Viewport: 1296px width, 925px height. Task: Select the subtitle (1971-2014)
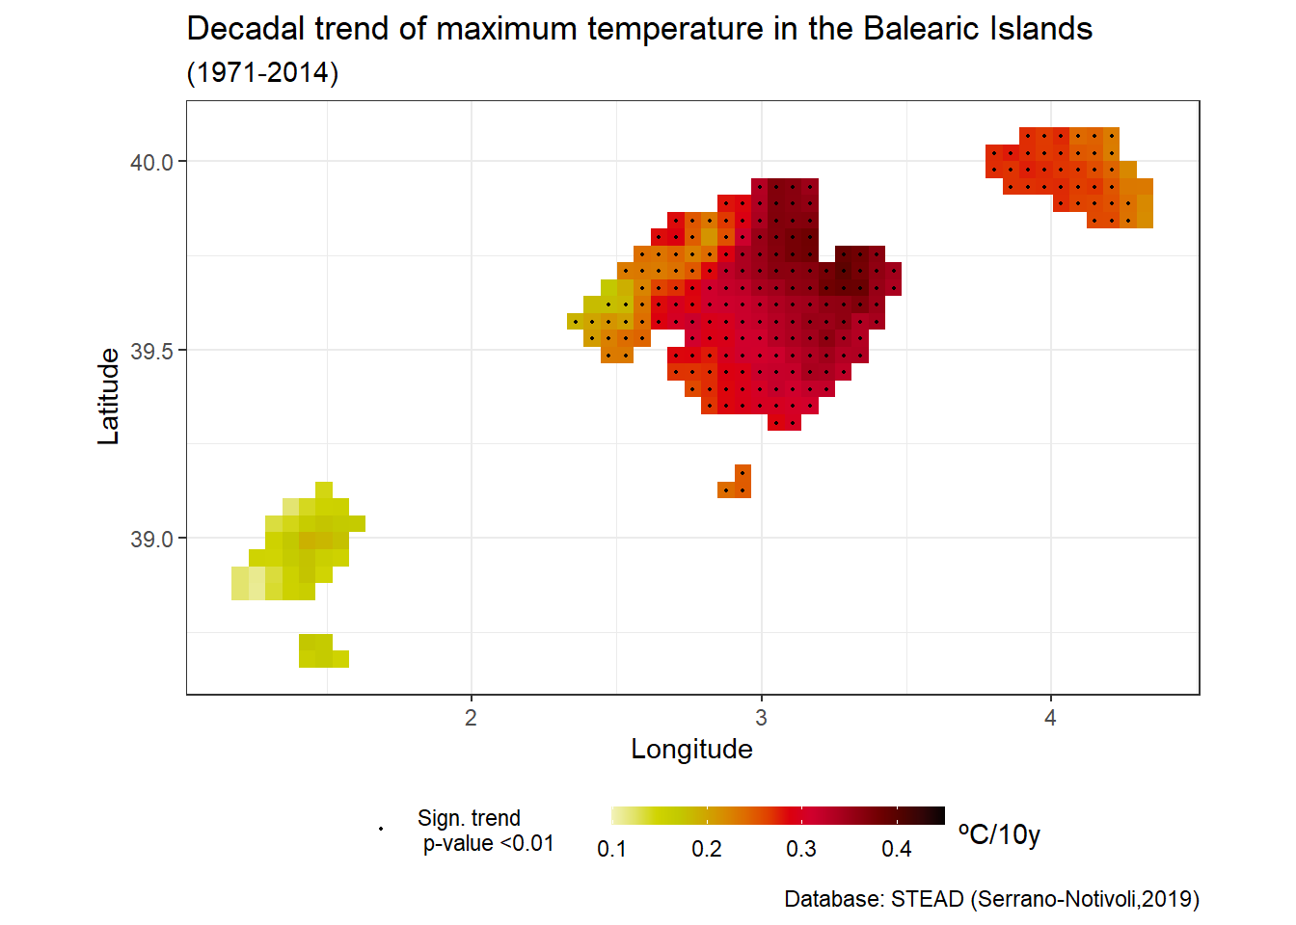click(x=262, y=72)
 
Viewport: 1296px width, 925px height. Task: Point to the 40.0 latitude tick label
click(x=151, y=162)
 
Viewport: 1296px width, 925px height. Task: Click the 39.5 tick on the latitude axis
click(x=151, y=351)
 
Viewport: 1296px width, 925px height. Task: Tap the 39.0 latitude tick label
click(x=151, y=539)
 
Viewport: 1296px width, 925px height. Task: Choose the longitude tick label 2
click(x=471, y=718)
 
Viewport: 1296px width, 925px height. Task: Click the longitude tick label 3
click(x=761, y=718)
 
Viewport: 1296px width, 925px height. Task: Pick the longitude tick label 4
click(x=1050, y=718)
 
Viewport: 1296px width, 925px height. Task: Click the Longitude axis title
click(x=691, y=750)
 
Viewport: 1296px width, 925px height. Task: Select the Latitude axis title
click(x=109, y=396)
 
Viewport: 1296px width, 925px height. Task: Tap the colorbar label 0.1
click(x=611, y=849)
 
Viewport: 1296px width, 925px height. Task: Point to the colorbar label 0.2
click(x=707, y=849)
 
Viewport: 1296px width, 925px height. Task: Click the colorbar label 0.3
click(x=801, y=849)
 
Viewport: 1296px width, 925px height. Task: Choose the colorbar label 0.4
click(x=897, y=849)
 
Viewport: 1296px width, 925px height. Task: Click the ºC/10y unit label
click(x=999, y=833)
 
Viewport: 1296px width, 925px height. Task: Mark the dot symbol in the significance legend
click(x=381, y=829)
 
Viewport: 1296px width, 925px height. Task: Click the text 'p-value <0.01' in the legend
click(x=488, y=844)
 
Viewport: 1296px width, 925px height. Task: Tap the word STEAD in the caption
click(x=927, y=899)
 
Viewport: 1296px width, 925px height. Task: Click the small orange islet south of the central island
click(x=737, y=485)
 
